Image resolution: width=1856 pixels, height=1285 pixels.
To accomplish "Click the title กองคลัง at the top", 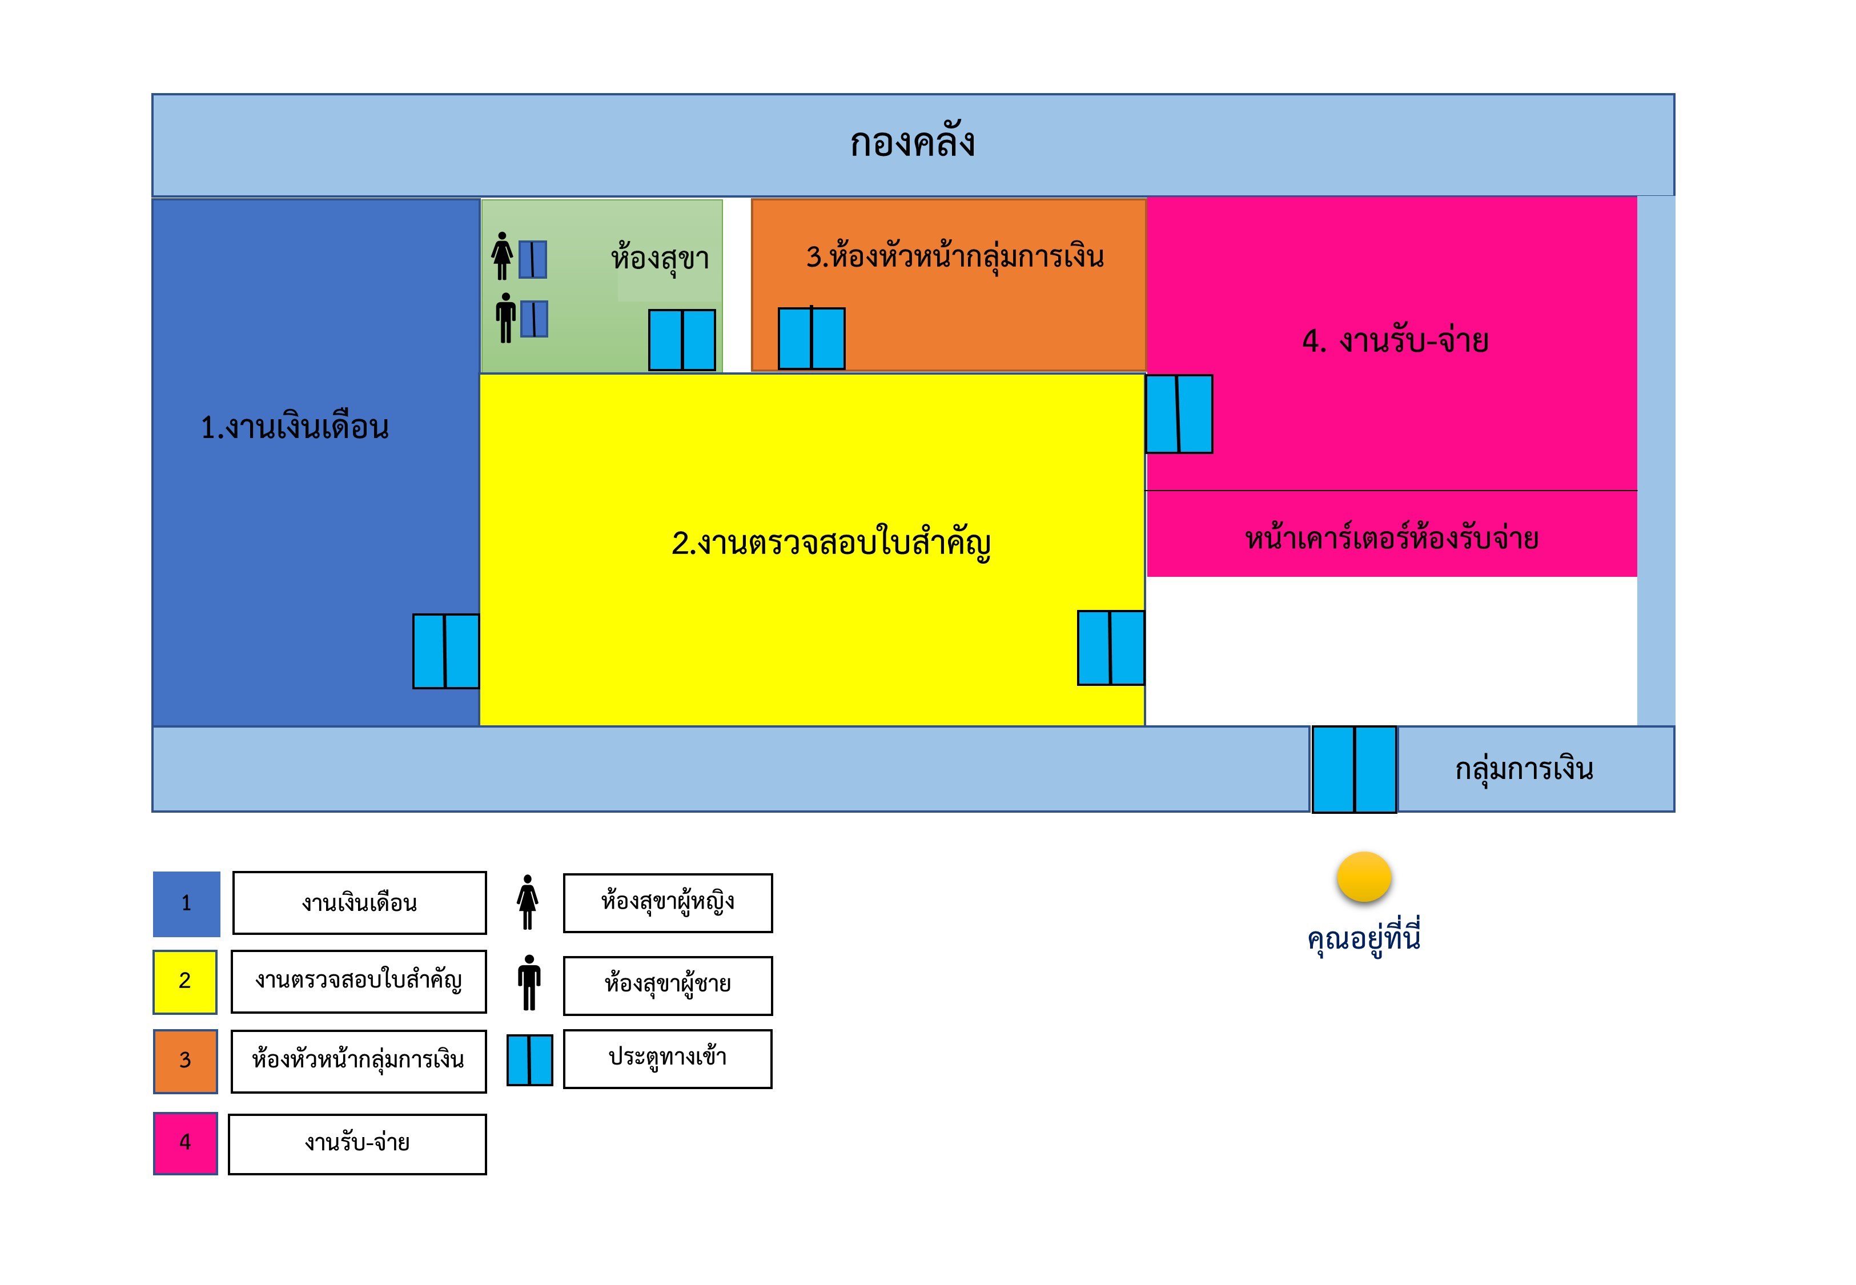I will tap(912, 143).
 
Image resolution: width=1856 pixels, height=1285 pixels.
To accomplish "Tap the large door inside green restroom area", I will tap(682, 340).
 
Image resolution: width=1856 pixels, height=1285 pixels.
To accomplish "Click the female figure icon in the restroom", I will tap(501, 255).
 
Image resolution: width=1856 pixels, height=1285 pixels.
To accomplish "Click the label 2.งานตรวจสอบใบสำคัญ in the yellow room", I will tap(830, 544).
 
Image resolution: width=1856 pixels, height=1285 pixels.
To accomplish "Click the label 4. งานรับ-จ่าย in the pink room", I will tap(1395, 340).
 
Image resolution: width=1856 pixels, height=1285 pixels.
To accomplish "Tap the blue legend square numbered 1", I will tap(186, 903).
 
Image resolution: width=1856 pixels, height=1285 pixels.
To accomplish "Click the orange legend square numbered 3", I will tap(185, 1061).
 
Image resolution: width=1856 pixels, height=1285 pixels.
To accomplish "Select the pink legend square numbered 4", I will tap(185, 1142).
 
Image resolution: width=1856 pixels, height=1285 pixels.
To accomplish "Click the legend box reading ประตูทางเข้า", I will tap(667, 1058).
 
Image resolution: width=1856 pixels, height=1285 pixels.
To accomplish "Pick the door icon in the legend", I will tap(529, 1059).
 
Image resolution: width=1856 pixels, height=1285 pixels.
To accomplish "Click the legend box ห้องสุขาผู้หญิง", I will tap(667, 902).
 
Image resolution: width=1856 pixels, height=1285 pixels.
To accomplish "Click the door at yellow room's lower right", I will tap(1111, 647).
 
